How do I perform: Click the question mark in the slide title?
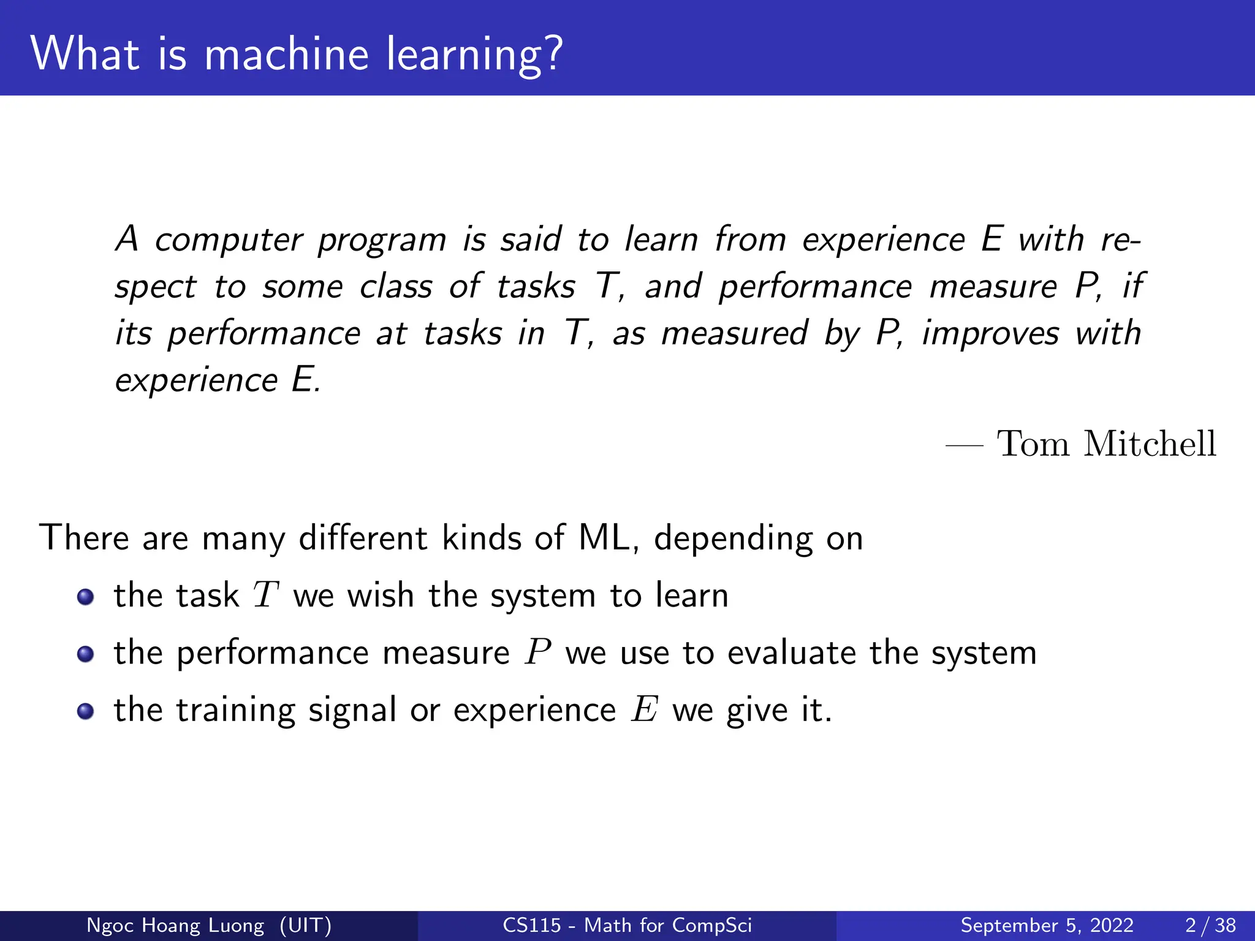(x=552, y=54)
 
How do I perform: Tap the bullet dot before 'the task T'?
(x=86, y=597)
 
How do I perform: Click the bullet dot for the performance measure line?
(x=86, y=654)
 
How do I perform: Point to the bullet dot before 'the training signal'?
(x=86, y=711)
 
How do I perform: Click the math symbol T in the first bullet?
(x=266, y=595)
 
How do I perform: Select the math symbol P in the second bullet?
(x=537, y=652)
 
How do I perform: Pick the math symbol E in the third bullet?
(x=645, y=709)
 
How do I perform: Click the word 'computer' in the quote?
(x=229, y=240)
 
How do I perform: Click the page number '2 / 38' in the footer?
(x=1210, y=925)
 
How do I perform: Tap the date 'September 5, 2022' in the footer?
(x=1047, y=925)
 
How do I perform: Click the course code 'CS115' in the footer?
(x=531, y=925)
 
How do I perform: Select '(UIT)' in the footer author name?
(x=305, y=925)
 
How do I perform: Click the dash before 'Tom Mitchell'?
(x=964, y=446)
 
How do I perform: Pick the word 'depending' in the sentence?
(x=733, y=539)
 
